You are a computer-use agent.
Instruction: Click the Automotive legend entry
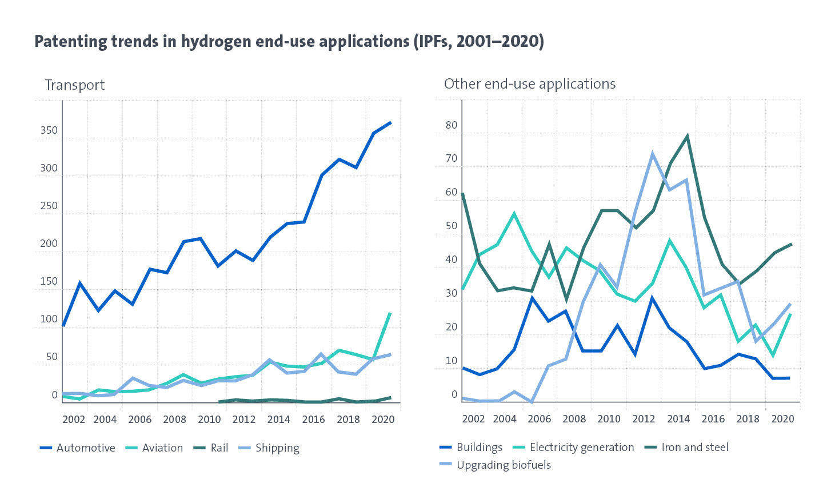coord(85,448)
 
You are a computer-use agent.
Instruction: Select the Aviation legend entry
coord(162,448)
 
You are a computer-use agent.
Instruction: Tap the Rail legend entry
coord(219,448)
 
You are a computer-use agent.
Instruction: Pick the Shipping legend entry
coord(277,448)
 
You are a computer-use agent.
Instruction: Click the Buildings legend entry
coord(479,448)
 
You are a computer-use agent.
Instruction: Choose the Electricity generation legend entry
coord(581,448)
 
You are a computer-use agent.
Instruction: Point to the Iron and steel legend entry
coord(694,448)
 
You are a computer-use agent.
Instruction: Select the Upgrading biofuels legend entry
coord(504,465)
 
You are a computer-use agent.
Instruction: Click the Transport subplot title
coord(75,85)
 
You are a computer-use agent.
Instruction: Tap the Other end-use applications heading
coord(530,84)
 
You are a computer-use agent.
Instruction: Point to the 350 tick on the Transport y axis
coord(49,131)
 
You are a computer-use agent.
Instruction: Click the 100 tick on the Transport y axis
coord(49,320)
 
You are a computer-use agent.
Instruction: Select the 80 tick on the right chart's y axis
coord(452,126)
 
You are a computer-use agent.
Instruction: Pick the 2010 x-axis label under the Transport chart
coord(209,420)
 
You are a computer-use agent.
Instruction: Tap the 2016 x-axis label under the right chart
coord(713,419)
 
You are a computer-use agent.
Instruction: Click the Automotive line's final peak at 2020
coord(391,122)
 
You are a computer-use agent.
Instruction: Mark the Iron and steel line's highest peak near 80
coord(687,136)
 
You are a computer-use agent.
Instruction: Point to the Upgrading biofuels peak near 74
coord(652,154)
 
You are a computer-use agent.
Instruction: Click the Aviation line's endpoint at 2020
coord(390,313)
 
